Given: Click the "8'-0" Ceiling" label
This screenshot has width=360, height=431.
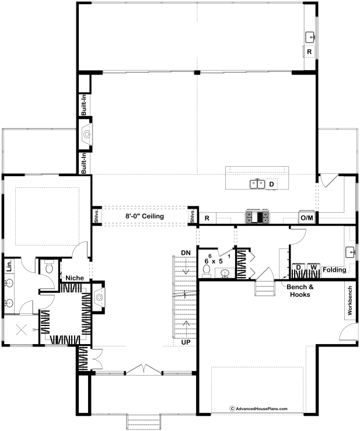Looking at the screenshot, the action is (145, 216).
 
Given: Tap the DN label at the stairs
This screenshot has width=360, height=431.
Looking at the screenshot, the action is (186, 253).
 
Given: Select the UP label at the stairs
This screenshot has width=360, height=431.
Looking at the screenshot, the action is (186, 342).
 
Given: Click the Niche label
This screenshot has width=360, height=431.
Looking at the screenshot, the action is (75, 278).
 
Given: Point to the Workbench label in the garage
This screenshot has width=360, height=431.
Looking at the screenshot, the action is (349, 300).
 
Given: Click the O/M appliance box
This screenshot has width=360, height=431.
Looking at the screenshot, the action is (307, 218).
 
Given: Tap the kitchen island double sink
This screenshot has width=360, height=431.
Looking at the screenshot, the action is (257, 184).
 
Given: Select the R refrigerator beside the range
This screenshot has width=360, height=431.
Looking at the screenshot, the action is (207, 218).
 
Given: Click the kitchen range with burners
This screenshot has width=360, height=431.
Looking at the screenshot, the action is (257, 216).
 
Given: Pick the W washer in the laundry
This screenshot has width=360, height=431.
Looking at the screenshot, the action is (313, 267).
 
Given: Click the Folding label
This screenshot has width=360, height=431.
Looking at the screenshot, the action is (334, 269).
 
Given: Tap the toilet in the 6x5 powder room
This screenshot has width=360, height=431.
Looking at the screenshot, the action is (207, 269).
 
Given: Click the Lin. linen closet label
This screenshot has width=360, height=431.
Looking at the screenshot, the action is (9, 266).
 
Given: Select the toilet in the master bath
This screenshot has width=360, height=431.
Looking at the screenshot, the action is (49, 268).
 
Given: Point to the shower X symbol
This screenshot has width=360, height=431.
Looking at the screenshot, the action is (21, 330).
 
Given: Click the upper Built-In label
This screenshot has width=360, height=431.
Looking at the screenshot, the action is (84, 105).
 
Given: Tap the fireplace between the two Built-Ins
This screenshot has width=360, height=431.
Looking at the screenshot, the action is (87, 134).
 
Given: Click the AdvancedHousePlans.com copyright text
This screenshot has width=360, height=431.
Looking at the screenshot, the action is (258, 409).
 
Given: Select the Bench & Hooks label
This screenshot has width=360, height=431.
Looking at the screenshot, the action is (300, 291).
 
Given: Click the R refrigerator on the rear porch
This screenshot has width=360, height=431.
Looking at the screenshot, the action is (309, 51).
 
